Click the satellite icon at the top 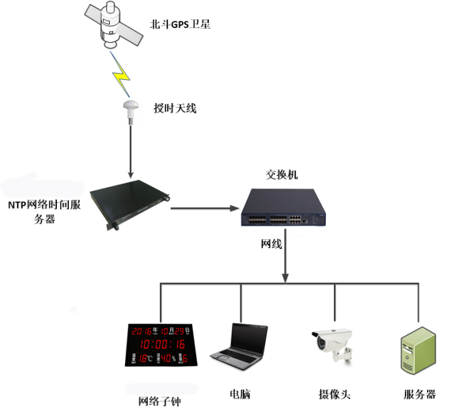pos(112,27)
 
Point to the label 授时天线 pos(175,108)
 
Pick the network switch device pos(281,208)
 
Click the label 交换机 pos(282,175)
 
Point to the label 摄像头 pos(334,394)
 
